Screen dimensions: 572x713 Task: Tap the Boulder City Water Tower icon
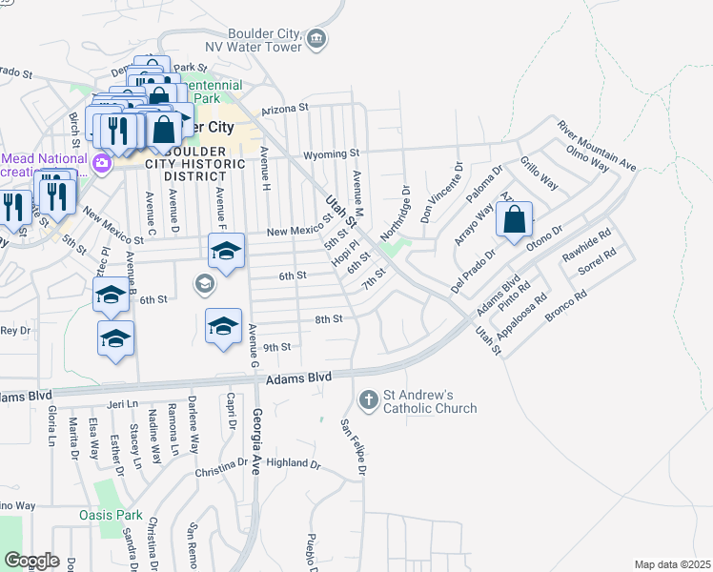coord(317,38)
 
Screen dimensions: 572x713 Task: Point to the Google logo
coord(32,561)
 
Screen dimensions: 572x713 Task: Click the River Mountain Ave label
coord(597,147)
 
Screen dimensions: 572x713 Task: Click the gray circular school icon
coord(203,283)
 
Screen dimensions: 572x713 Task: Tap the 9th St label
coord(275,347)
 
